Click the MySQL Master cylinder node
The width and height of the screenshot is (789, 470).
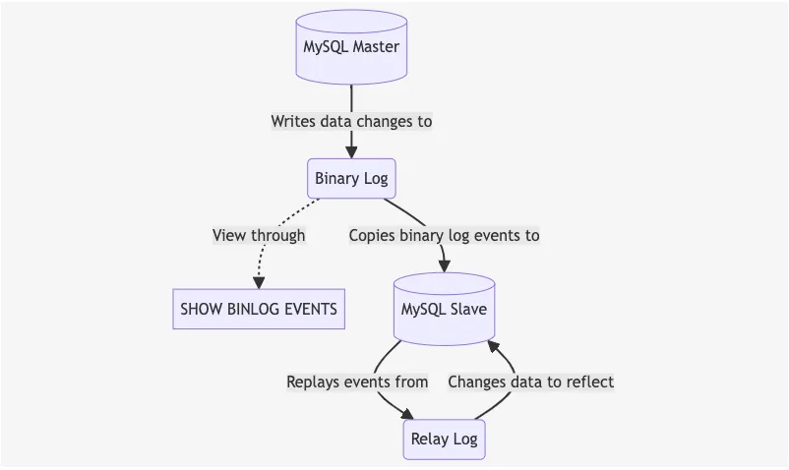pos(351,46)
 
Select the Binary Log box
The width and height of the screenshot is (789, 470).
pos(351,179)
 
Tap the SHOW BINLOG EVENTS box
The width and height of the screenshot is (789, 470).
pos(259,309)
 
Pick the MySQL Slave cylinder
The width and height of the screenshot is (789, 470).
pos(444,309)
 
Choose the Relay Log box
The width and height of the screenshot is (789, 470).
pos(444,439)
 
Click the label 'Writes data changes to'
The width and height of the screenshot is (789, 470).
pos(351,122)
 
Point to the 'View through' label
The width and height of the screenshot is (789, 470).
pos(259,236)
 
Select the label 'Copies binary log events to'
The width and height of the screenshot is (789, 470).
pos(444,236)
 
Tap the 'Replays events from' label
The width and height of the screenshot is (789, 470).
pos(357,382)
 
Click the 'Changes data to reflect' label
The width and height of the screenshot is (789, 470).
pos(530,382)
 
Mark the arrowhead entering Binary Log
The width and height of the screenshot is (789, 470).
pos(351,151)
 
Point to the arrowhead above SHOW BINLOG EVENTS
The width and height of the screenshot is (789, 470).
pos(259,282)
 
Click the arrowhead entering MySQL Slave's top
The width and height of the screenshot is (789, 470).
pos(444,265)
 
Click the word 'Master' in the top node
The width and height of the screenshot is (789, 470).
pos(376,47)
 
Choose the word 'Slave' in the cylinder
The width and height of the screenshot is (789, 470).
pos(466,309)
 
